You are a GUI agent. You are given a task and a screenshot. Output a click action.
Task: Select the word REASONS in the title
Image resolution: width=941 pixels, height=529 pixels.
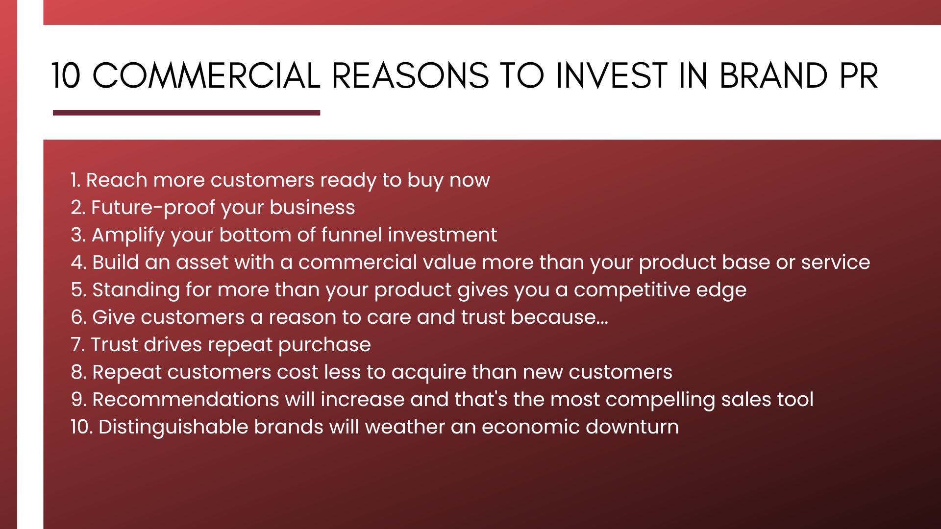(410, 76)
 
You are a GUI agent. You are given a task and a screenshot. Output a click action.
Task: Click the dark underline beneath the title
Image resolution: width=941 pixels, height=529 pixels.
(186, 113)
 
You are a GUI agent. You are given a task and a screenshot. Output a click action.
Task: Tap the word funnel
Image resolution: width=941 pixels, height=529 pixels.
(352, 235)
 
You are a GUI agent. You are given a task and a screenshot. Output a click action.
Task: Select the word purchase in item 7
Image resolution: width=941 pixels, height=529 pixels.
(324, 345)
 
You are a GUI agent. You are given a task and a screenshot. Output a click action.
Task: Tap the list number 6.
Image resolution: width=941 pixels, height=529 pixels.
(79, 317)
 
